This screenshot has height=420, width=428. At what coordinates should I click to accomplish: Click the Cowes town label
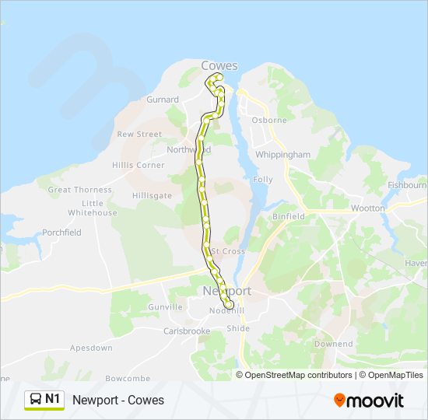coord(219,66)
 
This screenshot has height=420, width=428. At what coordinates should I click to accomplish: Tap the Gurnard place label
coord(163,100)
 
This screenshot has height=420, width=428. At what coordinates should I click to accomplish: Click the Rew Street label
coord(139,134)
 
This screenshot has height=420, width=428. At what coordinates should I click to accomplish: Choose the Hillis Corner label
coord(139,165)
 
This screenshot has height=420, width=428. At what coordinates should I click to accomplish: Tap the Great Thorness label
coord(80,190)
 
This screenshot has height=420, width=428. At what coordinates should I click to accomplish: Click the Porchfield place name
coord(61,233)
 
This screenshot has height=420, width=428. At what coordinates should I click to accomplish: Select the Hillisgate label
coord(152,196)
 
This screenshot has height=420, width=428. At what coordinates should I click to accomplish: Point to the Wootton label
coord(367,208)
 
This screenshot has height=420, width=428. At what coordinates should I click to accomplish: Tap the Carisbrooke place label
coord(187,331)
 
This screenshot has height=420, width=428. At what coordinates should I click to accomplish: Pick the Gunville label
coord(165,307)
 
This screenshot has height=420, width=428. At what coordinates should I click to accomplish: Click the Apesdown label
coord(91,348)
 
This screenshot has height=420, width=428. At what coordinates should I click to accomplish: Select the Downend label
coord(333,344)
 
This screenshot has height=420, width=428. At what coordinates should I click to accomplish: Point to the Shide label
coord(238,329)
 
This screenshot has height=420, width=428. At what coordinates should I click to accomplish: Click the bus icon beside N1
coord(36,400)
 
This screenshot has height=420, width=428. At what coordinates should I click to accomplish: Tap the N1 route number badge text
coord(53,399)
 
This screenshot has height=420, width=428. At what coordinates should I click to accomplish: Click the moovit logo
coord(369,401)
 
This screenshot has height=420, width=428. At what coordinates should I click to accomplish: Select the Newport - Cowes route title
coord(118,400)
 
